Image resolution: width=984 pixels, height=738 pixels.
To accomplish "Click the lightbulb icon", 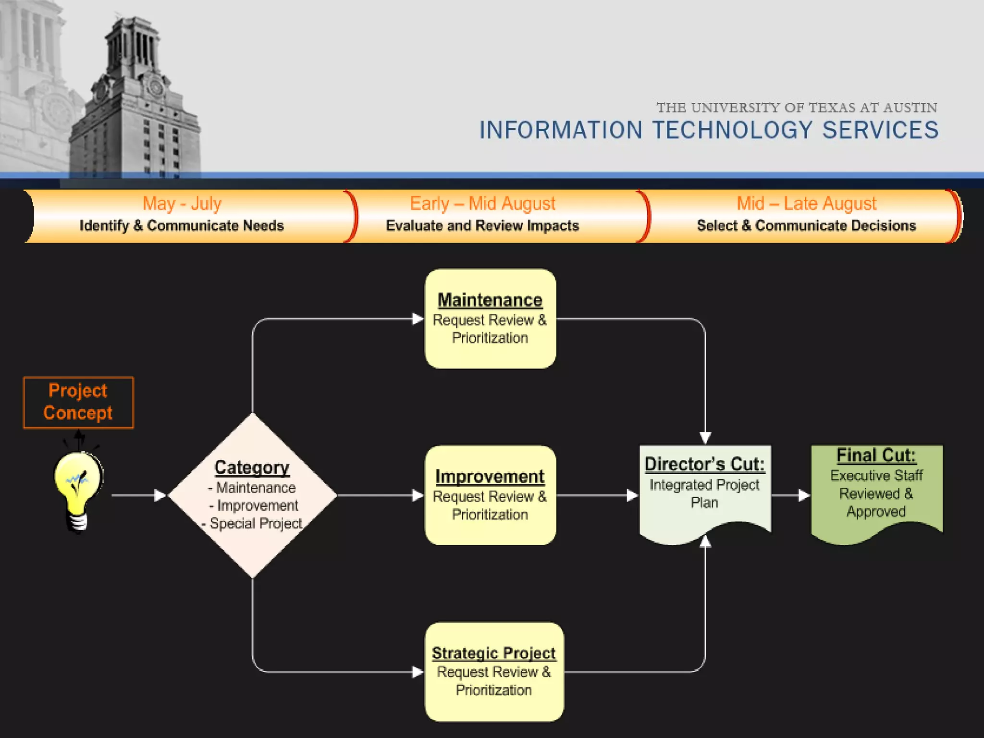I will pyautogui.click(x=78, y=490).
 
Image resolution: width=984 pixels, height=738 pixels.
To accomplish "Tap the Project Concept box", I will pyautogui.click(x=78, y=402).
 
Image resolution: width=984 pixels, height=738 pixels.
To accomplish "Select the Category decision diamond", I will pyautogui.click(x=252, y=495).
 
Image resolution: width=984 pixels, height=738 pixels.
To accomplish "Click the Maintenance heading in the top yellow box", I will pyautogui.click(x=490, y=300).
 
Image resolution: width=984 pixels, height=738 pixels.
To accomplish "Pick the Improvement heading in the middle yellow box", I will pyautogui.click(x=490, y=477).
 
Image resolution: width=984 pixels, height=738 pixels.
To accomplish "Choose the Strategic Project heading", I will pyautogui.click(x=493, y=653).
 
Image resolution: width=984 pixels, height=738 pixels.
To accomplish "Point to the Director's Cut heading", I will pyautogui.click(x=704, y=464).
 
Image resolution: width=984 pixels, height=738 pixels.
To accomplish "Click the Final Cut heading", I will pyautogui.click(x=876, y=455).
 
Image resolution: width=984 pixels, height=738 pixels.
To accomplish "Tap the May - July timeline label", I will pyautogui.click(x=182, y=204).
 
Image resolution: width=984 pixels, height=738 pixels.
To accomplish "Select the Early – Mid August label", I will pyautogui.click(x=482, y=204).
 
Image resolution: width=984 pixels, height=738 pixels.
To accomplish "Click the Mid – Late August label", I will pyautogui.click(x=806, y=204).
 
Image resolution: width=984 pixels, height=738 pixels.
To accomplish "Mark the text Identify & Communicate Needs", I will pyautogui.click(x=182, y=226).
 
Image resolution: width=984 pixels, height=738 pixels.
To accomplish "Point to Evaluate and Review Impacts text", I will pyautogui.click(x=482, y=226).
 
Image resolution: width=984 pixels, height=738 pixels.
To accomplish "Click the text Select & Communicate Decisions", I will pyautogui.click(x=806, y=226).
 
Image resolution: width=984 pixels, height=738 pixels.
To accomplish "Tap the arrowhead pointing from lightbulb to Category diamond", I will pyautogui.click(x=160, y=495).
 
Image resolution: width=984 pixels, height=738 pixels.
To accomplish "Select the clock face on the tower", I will pyautogui.click(x=156, y=87).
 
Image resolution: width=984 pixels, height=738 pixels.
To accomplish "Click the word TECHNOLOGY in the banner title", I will pyautogui.click(x=732, y=130).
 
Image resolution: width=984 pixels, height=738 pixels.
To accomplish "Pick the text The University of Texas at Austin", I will pyautogui.click(x=797, y=108).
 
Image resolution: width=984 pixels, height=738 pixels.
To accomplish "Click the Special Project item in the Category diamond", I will pyautogui.click(x=256, y=523).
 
